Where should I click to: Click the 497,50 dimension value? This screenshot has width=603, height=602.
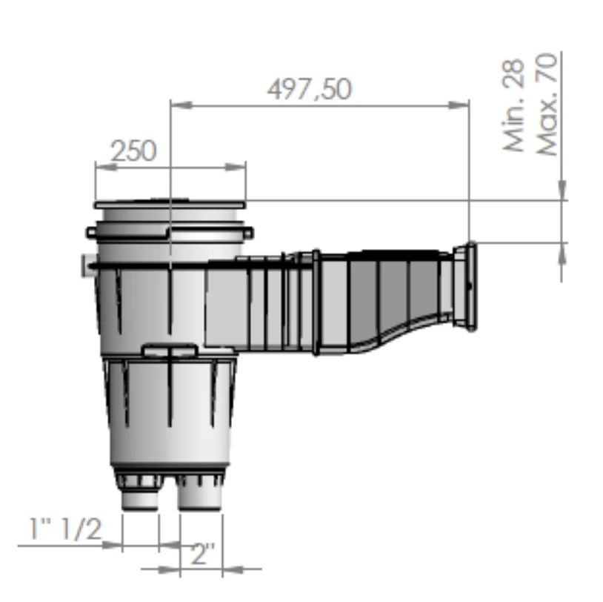tap(309, 89)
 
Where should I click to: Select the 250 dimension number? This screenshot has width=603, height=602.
tap(133, 151)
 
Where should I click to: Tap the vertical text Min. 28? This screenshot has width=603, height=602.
tap(515, 106)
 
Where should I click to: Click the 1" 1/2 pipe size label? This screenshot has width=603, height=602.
tap(65, 529)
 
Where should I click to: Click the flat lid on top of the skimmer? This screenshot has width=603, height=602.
tap(170, 202)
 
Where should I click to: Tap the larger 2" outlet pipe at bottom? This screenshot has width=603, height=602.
tap(199, 497)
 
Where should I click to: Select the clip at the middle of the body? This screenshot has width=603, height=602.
tap(170, 349)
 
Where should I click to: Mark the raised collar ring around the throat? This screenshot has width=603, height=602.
tap(316, 302)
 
